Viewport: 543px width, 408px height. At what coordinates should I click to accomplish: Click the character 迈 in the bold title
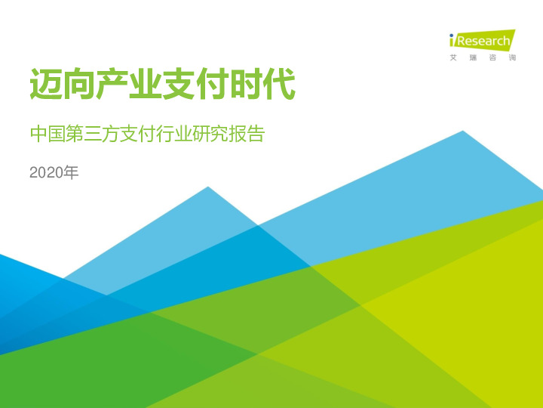pos(46,85)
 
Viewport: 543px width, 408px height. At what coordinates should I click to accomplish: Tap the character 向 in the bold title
pos(79,85)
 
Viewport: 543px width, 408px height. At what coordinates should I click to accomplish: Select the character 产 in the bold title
pos(112,85)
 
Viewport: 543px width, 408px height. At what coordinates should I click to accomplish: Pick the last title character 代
pos(278,85)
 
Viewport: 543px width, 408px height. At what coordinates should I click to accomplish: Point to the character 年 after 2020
pos(70,173)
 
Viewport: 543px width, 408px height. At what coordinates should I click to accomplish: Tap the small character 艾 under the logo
pos(453,58)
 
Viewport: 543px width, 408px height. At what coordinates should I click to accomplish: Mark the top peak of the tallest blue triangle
pos(462,131)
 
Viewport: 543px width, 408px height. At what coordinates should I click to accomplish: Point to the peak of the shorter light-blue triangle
pos(207,187)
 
